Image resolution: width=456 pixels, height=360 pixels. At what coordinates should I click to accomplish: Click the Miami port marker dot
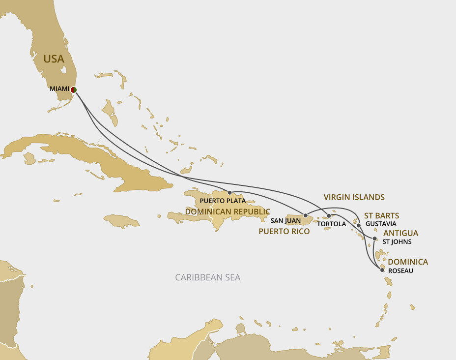(73, 90)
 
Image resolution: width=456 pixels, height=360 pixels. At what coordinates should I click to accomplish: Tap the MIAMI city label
(59, 89)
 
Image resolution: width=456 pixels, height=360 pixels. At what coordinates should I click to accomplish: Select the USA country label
(54, 59)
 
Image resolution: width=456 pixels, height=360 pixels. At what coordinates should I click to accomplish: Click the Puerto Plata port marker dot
(229, 193)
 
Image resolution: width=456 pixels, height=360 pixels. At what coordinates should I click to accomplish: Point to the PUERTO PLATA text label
(223, 201)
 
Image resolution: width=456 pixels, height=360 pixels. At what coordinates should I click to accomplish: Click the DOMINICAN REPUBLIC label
(228, 211)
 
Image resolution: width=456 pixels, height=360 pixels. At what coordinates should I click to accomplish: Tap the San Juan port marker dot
(305, 215)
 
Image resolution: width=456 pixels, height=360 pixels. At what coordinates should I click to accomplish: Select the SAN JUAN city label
(285, 221)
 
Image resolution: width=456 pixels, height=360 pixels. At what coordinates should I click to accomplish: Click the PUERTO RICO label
(284, 231)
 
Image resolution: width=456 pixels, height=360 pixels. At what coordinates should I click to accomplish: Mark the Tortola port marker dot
(329, 216)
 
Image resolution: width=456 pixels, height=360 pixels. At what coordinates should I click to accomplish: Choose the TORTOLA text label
(332, 224)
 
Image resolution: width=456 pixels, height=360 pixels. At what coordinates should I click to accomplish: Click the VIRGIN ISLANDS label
(354, 197)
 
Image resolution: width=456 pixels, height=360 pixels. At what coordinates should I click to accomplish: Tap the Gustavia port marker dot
(359, 225)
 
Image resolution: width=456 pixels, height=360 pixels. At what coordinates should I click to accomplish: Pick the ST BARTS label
(381, 215)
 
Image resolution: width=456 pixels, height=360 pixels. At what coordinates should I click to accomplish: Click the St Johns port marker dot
(375, 239)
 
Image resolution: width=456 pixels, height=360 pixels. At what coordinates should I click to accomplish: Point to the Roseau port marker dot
(382, 270)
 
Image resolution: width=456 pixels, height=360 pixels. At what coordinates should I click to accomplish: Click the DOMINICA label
(408, 262)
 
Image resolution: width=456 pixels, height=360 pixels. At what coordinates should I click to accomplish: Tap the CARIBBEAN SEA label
(208, 277)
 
